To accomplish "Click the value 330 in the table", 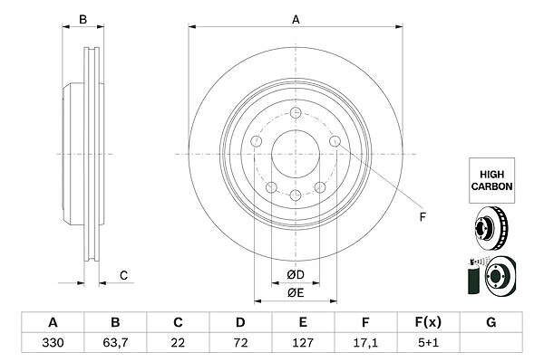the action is coord(53,343).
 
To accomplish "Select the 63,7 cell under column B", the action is coord(115,343).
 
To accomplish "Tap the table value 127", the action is coord(303,343).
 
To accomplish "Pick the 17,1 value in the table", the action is coord(365,343).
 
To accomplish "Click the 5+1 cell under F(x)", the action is coord(428,343).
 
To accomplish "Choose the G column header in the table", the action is coord(491,322).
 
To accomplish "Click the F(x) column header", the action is coord(428,322).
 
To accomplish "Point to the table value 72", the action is coord(240,343).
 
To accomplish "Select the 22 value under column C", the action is coord(178,343).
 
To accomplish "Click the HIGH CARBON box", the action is coord(491,180).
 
